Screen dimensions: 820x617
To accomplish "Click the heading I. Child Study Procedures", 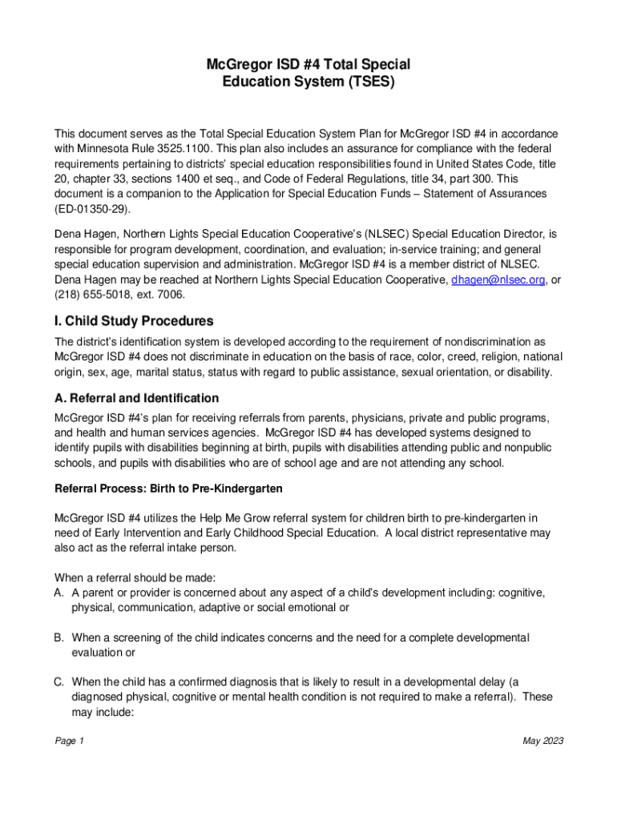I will pos(134,321).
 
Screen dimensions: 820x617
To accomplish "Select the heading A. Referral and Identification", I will pos(136,398).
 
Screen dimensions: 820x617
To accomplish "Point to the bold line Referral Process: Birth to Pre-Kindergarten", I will pos(168,488).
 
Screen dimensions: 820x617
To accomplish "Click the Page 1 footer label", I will pos(69,741).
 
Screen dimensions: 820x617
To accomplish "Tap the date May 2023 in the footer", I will pos(543,741).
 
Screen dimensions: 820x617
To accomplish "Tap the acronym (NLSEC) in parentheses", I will pos(384,234).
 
